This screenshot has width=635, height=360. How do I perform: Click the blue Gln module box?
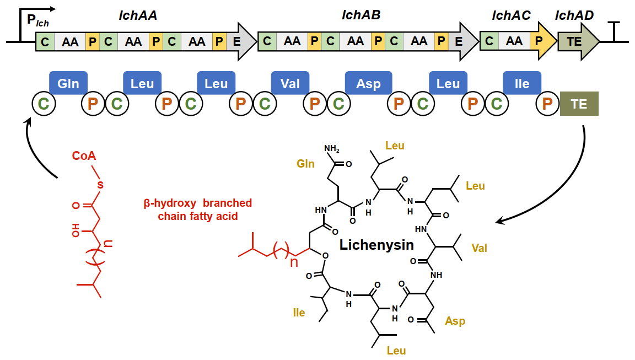(68, 84)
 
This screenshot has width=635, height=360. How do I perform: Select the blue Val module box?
(290, 84)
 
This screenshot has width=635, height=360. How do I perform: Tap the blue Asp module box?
(368, 84)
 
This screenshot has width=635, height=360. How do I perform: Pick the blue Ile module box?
(521, 84)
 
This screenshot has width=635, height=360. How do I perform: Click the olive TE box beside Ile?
(579, 104)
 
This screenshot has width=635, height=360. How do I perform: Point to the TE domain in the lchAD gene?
(574, 41)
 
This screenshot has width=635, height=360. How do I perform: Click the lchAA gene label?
(138, 16)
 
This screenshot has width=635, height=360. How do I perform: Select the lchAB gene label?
(361, 16)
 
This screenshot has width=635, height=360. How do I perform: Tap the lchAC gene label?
(511, 16)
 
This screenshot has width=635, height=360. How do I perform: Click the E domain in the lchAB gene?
(458, 41)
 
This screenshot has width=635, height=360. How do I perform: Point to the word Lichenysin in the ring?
(376, 245)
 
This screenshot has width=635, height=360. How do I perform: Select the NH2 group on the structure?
(331, 149)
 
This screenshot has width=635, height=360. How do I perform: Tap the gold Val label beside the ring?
(479, 248)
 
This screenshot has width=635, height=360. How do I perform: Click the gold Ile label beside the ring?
(299, 313)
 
